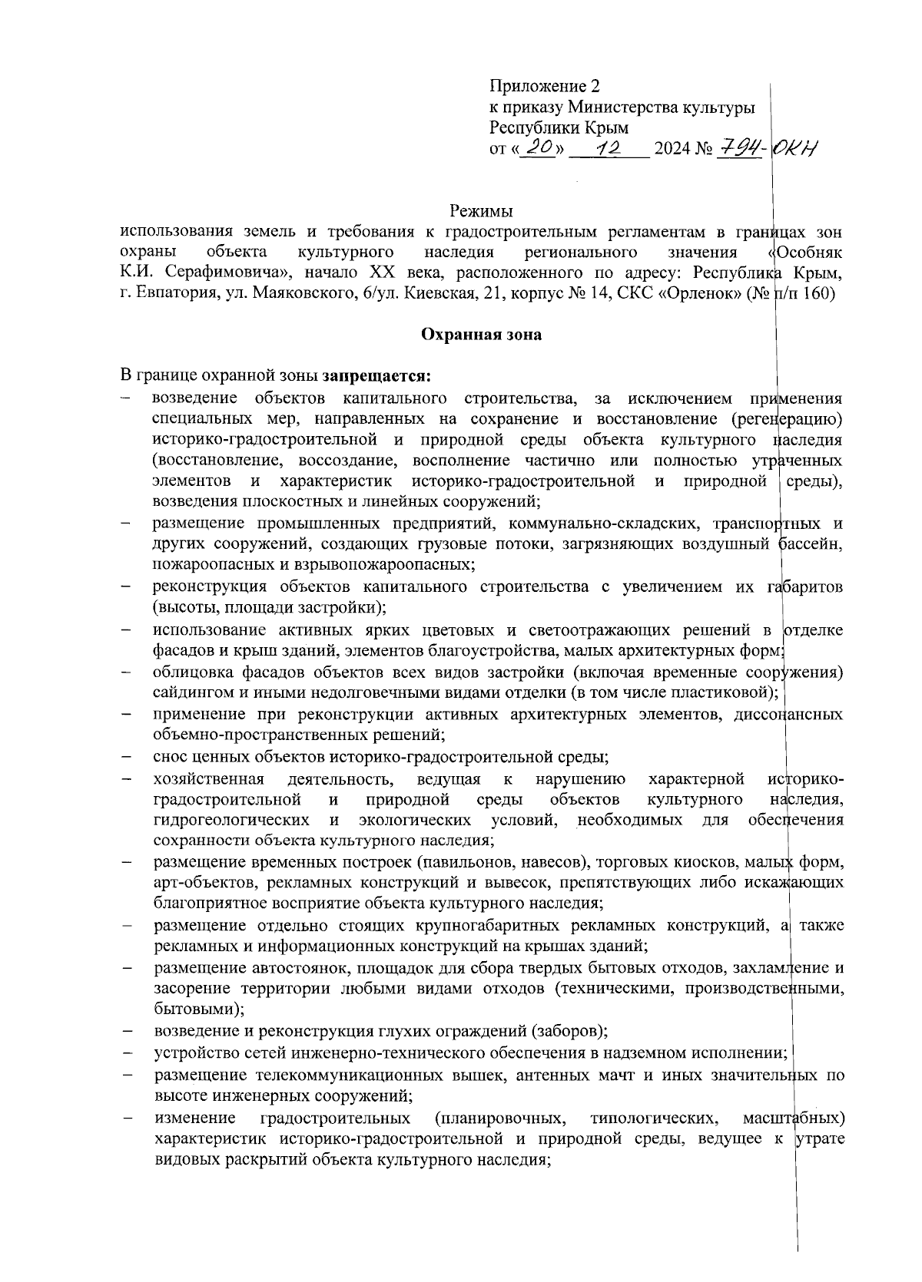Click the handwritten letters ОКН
pyautogui.click(x=796, y=147)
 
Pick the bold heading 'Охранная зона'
pyautogui.click(x=481, y=335)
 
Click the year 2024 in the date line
pyautogui.click(x=670, y=149)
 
